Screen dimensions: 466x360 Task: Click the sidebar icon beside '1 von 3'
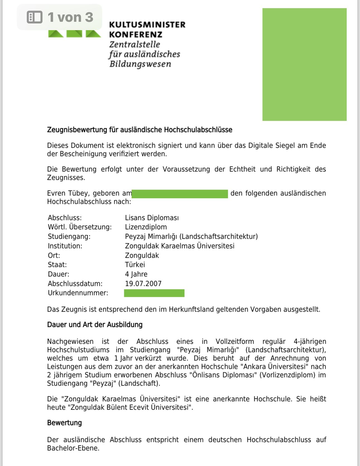pos(35,17)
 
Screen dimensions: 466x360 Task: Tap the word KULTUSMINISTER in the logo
pos(147,25)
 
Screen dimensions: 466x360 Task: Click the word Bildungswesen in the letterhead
pos(140,64)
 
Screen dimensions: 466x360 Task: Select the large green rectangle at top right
pos(304,64)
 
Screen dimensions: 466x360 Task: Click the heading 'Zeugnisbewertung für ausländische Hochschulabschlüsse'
pos(140,130)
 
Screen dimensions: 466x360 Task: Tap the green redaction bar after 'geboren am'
pos(180,194)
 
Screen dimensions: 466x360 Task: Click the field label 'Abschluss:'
pos(65,218)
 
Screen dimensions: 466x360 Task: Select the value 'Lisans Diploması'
pos(152,218)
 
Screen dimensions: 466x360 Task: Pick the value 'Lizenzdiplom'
pos(146,227)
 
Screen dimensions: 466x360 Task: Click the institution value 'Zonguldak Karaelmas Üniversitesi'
pos(179,246)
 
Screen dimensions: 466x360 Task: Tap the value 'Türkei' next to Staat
pos(135,265)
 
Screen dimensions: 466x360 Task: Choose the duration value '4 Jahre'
pos(136,274)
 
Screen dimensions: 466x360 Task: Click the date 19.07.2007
pos(143,284)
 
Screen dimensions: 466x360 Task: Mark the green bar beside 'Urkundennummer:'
pos(154,293)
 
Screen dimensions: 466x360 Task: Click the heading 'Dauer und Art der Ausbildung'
pos(95,325)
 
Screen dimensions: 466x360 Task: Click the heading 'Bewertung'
pos(64,423)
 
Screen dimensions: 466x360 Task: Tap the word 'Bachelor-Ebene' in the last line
pos(73,448)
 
